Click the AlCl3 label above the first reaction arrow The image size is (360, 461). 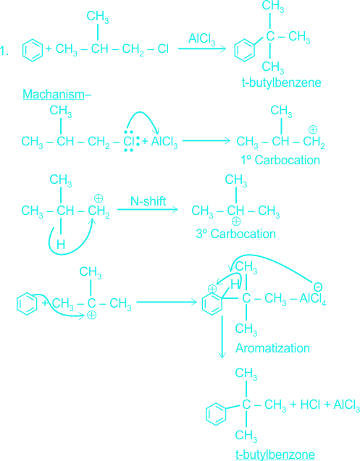tap(201, 39)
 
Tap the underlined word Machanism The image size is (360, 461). tap(54, 94)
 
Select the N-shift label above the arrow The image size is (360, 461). tap(148, 201)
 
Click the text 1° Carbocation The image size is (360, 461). tap(280, 160)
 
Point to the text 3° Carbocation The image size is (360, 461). tap(236, 234)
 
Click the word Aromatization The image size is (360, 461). tap(272, 348)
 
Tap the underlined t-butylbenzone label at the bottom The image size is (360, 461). tap(275, 454)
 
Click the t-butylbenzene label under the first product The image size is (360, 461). tap(281, 83)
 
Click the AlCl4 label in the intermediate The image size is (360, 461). tap(313, 299)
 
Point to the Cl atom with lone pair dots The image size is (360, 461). tap(129, 141)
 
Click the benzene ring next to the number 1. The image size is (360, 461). tap(33, 50)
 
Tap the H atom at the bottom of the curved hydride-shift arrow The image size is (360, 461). tap(61, 245)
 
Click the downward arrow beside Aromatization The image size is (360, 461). tap(222, 337)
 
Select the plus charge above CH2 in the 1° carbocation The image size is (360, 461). tap(313, 130)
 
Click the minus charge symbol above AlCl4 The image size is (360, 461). tap(318, 287)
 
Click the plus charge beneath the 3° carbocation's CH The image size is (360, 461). tap(236, 221)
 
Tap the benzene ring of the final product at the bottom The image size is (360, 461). tap(216, 414)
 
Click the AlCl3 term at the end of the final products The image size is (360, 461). tap(346, 405)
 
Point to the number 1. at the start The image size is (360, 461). tap(4, 51)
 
